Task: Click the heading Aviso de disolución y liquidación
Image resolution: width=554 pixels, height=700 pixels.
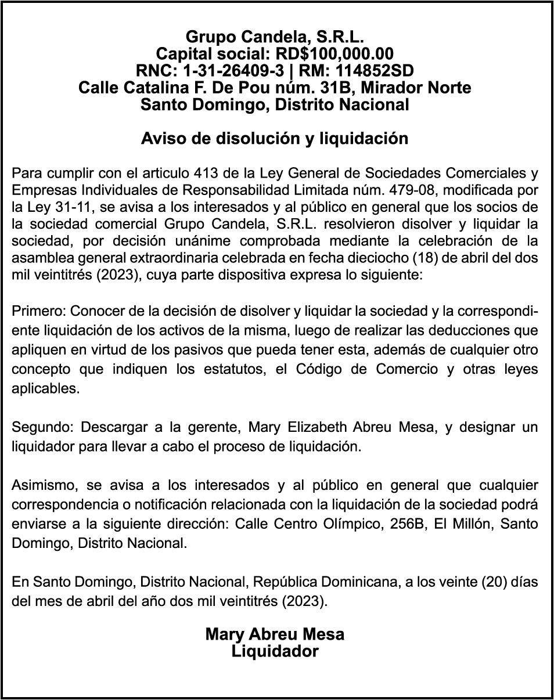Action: click(275, 139)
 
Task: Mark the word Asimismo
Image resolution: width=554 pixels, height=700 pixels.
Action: click(41, 485)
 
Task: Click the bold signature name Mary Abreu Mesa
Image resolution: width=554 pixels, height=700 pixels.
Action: click(275, 634)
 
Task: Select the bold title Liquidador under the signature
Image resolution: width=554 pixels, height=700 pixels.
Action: click(275, 651)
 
